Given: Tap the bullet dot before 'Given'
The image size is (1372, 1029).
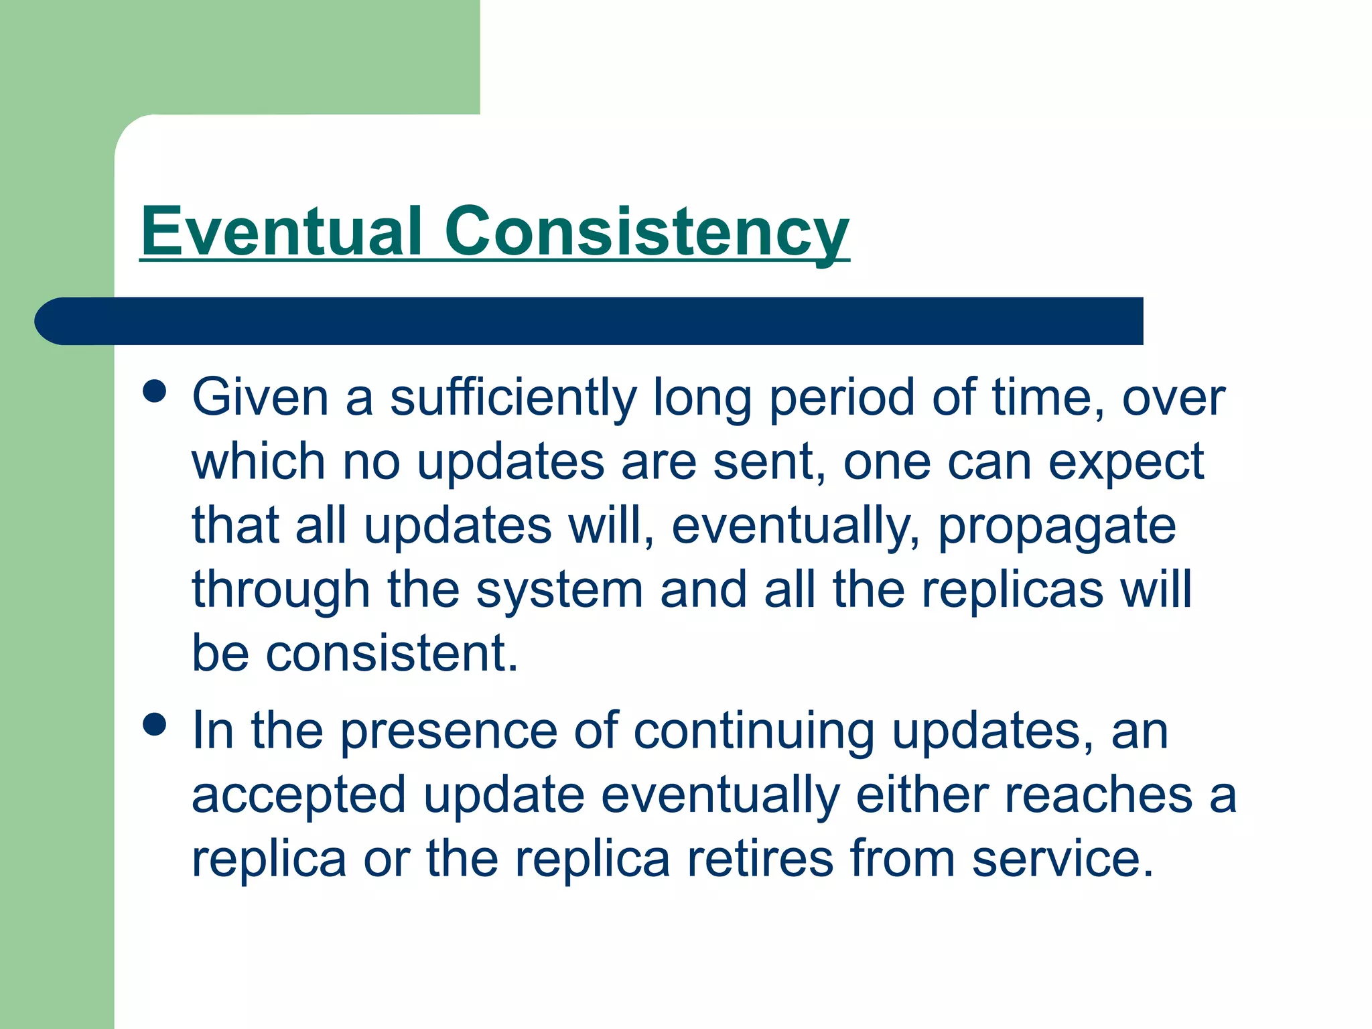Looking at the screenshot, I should (x=155, y=391).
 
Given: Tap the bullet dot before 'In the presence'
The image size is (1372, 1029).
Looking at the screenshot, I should (x=155, y=724).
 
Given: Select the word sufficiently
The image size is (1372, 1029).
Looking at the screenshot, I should (x=513, y=398).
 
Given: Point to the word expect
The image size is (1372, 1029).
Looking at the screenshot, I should (x=1126, y=462).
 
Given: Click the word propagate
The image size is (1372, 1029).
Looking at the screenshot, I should (x=1056, y=527).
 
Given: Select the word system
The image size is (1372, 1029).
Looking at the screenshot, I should (x=559, y=590).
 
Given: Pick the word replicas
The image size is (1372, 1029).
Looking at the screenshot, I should (x=1012, y=590).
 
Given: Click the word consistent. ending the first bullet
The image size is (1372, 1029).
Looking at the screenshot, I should (x=392, y=653).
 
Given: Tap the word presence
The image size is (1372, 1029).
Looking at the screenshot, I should (x=449, y=731).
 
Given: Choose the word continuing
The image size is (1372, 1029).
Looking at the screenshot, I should (x=754, y=731).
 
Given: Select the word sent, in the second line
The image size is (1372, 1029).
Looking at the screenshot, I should (x=770, y=462).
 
